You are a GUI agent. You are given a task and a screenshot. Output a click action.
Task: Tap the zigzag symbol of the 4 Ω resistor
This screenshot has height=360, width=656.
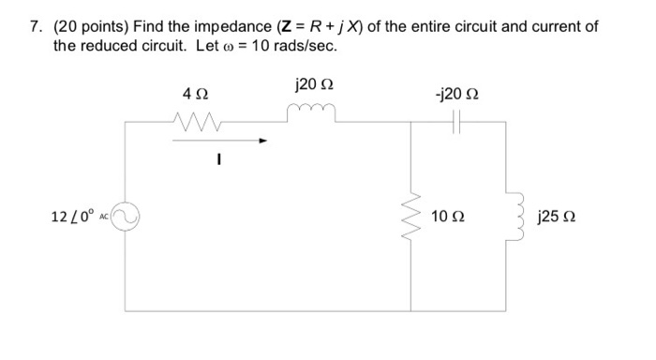tap(196, 120)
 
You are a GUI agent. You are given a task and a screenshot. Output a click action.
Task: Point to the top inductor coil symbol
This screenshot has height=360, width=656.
tap(310, 115)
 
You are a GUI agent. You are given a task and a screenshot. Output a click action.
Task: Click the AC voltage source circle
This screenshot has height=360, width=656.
tap(127, 217)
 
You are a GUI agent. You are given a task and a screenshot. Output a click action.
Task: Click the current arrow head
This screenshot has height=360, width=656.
tap(264, 142)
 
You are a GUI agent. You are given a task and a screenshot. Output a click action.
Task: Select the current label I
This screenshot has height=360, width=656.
tap(216, 159)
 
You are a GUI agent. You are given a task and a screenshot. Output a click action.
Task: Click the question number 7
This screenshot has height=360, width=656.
tap(33, 26)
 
